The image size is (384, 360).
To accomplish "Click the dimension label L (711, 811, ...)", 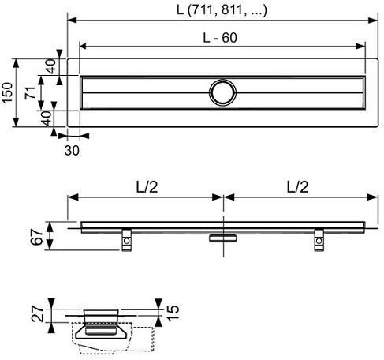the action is point(222,10).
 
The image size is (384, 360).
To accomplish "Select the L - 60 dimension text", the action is point(220,38).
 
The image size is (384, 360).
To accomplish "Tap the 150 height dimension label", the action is point(7,92).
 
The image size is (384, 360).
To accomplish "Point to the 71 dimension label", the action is point(31,92).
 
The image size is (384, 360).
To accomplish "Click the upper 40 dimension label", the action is point(50,66).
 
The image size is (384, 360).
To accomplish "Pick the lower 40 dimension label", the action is point(47,118).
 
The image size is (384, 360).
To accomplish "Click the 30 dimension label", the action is point(72,151).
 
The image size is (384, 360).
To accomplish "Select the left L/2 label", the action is point(147,187).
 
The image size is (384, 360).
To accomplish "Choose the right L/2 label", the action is point(297,187).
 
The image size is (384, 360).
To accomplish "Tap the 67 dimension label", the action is point(37,237).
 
